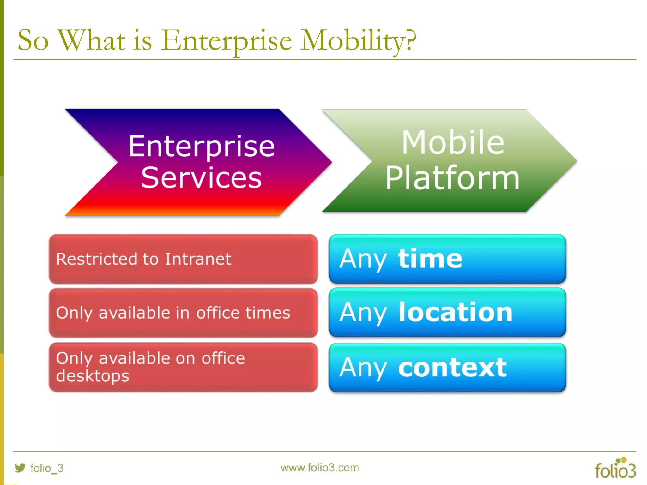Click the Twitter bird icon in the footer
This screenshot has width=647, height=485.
click(x=20, y=468)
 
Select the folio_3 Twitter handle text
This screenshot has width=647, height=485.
click(x=47, y=468)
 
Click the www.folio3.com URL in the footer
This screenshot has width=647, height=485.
click(x=319, y=468)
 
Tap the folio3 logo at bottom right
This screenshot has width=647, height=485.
click(x=615, y=469)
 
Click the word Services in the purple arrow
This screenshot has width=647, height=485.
click(x=201, y=178)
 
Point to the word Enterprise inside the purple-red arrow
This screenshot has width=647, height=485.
click(x=201, y=146)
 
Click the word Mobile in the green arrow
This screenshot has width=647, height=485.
click(x=452, y=142)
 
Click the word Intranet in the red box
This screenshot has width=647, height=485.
click(x=198, y=259)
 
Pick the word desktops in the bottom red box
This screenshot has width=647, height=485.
click(x=93, y=376)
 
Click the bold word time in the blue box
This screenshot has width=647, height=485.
click(x=430, y=259)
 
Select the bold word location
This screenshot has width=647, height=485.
click(x=455, y=312)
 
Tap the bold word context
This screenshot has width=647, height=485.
click(x=452, y=368)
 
